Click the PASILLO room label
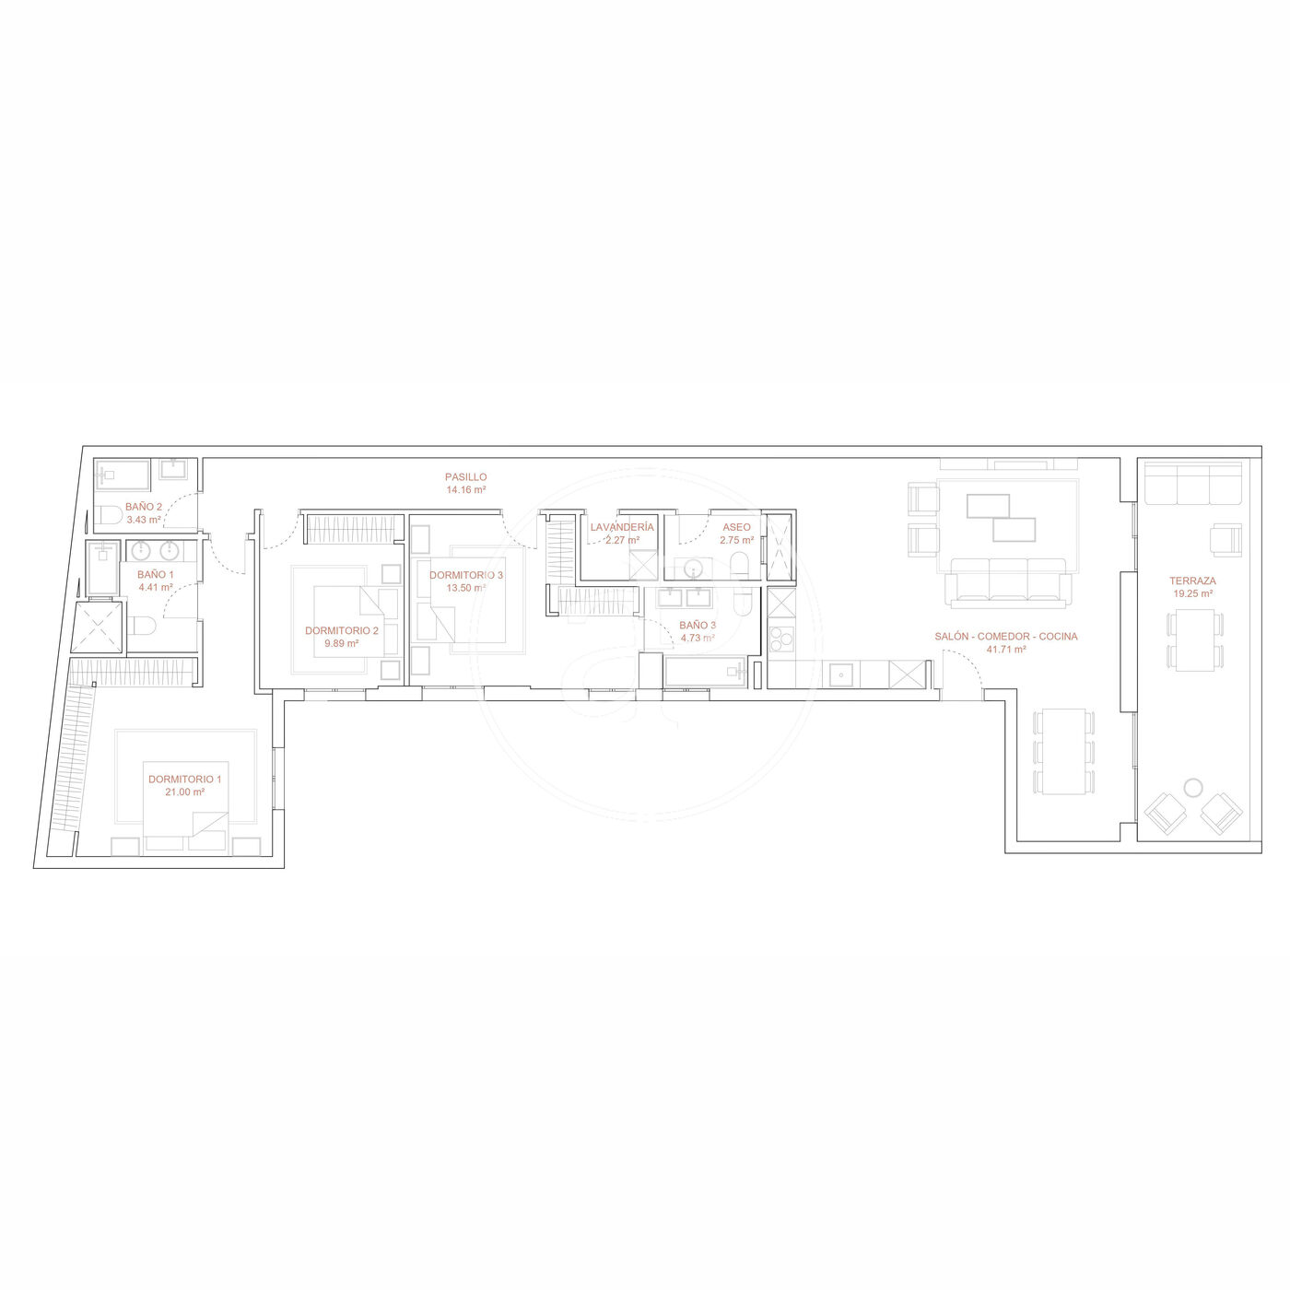click(x=466, y=476)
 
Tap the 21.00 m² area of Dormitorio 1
click(x=185, y=792)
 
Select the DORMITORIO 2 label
click(x=342, y=630)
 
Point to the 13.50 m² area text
click(x=466, y=588)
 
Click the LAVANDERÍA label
click(x=622, y=527)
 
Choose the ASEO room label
click(x=736, y=527)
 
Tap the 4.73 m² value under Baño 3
click(x=698, y=638)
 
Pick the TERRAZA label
click(x=1192, y=581)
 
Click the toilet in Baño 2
click(x=109, y=514)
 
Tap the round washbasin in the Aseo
click(x=694, y=569)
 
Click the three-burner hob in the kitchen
click(x=780, y=638)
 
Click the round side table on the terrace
click(x=1192, y=788)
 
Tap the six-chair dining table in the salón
click(x=1063, y=751)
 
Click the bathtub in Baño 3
click(x=706, y=672)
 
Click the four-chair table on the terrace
click(x=1194, y=640)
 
